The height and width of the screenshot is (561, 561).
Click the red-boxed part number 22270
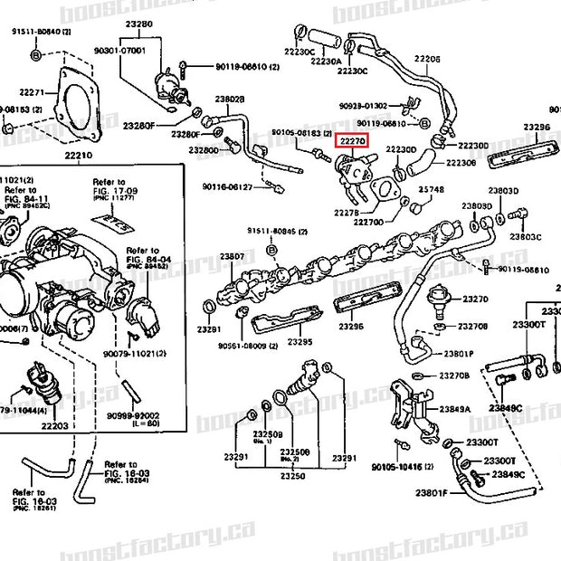point(351,141)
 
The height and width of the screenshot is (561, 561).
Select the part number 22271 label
point(32,91)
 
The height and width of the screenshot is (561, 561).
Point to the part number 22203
point(55,424)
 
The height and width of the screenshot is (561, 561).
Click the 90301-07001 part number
point(120,50)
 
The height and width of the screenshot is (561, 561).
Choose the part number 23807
point(233,256)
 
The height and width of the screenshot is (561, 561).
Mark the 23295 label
point(300,343)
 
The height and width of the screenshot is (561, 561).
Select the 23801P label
point(459,353)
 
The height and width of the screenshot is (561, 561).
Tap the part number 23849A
point(455,408)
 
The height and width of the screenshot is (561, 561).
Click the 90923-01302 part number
point(364,105)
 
